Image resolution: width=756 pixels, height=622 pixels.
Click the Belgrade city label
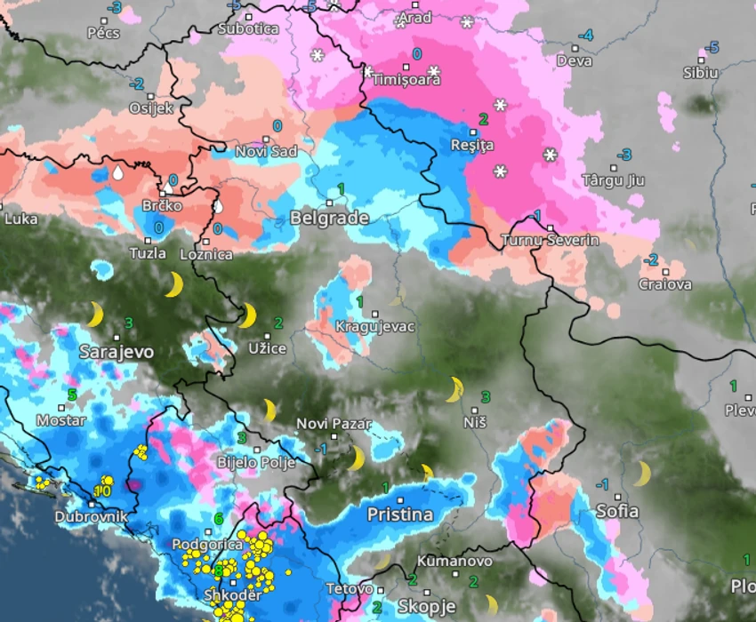tap(329, 219)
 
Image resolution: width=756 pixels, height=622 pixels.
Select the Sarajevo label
tap(117, 352)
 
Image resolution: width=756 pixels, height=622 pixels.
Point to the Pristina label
tap(400, 514)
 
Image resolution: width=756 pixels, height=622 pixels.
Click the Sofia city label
tap(617, 511)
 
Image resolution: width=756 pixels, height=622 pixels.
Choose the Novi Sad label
tap(266, 151)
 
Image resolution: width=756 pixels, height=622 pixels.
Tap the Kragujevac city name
tap(374, 327)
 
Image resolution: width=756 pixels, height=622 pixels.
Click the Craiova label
tap(665, 284)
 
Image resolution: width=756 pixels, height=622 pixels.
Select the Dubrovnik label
tap(92, 516)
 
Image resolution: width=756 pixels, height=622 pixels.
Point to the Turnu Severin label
tap(550, 240)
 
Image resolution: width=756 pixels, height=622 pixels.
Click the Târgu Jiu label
tap(613, 180)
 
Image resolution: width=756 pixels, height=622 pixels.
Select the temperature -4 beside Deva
tap(584, 36)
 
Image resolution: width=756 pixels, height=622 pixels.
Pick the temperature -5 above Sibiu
tap(712, 47)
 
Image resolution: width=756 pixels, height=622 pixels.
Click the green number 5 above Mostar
tap(72, 394)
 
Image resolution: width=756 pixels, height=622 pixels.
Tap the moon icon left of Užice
tap(246, 315)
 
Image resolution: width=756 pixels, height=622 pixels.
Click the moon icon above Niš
tap(455, 388)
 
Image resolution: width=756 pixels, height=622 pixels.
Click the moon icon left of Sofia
tap(641, 474)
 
